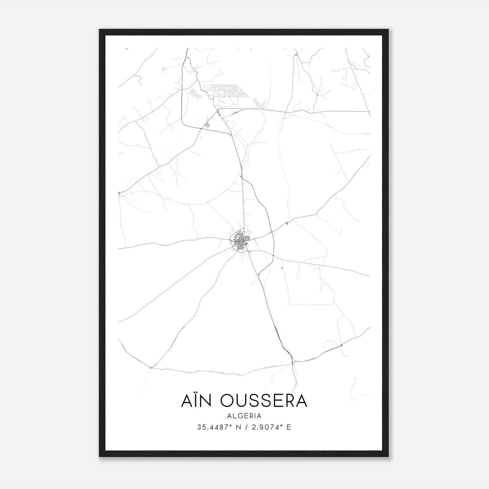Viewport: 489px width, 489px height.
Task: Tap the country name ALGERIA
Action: [x=244, y=416]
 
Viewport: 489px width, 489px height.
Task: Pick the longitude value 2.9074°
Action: [x=266, y=427]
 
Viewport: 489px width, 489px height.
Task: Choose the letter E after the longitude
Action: [x=289, y=427]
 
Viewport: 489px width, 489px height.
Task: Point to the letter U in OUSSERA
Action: [x=243, y=401]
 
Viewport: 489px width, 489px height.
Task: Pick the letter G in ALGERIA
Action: [x=240, y=416]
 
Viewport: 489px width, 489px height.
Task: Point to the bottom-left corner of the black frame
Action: [x=100, y=456]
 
